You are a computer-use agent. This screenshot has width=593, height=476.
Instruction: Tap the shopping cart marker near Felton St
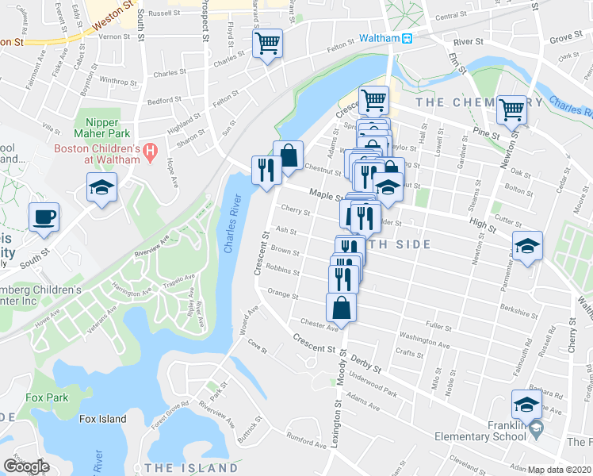click(268, 43)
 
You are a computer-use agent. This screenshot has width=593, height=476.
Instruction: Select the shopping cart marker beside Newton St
click(512, 109)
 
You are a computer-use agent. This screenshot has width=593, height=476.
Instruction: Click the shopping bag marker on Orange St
click(341, 306)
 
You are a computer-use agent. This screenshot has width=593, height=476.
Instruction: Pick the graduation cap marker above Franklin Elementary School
click(527, 405)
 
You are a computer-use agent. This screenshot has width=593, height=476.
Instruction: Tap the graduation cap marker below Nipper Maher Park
click(101, 189)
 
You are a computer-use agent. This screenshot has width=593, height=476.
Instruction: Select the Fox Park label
click(46, 397)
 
